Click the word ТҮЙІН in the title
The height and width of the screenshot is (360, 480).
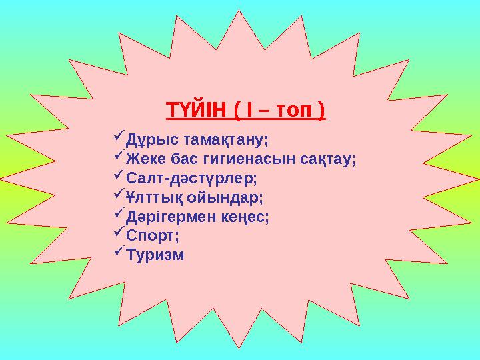point(195,109)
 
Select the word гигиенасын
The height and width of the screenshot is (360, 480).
point(257,159)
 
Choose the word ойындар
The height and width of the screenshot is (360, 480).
point(227,198)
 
